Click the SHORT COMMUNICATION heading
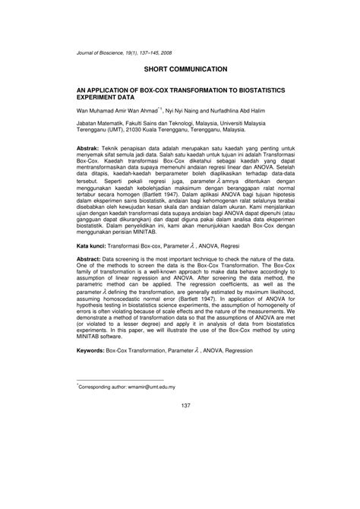pyautogui.click(x=179, y=69)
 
